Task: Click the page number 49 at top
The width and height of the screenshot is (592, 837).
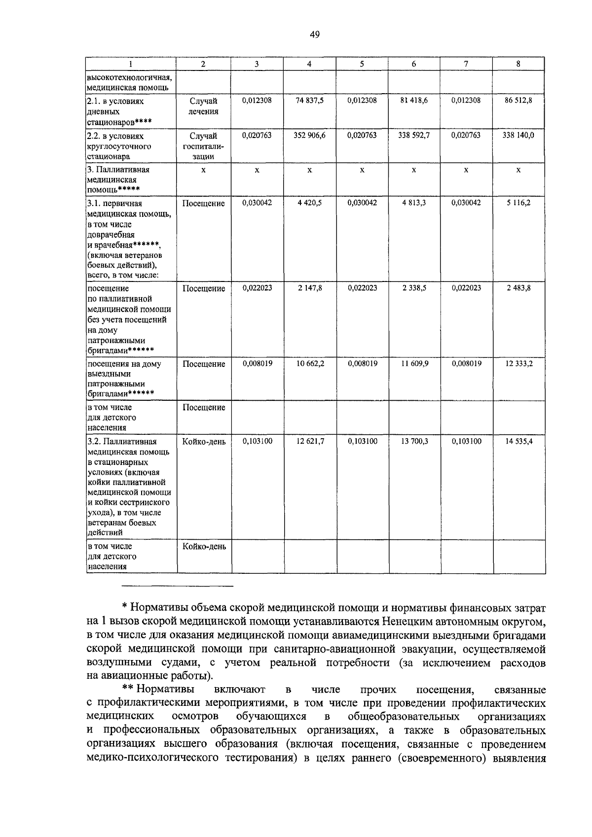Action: [x=315, y=34]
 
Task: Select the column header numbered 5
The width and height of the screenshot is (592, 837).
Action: [x=362, y=64]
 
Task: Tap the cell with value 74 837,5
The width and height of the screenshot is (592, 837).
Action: [x=309, y=101]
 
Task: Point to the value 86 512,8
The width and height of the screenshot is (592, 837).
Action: [x=518, y=101]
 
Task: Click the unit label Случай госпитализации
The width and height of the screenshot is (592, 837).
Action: [x=204, y=146]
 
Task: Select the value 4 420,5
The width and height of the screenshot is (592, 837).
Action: [x=309, y=203]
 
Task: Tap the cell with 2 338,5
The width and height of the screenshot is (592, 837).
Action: [x=414, y=288]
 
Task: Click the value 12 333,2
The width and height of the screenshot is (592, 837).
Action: [x=518, y=364]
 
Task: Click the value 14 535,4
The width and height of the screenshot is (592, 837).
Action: [x=518, y=442]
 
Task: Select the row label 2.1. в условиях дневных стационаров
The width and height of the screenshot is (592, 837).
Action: [x=118, y=111]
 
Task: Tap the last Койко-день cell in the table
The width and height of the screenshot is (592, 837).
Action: [x=204, y=547]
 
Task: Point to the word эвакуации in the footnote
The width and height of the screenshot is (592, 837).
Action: [x=433, y=648]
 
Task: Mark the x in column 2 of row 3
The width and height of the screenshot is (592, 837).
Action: [x=204, y=170]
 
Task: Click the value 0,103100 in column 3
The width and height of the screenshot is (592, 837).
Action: [x=257, y=442]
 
